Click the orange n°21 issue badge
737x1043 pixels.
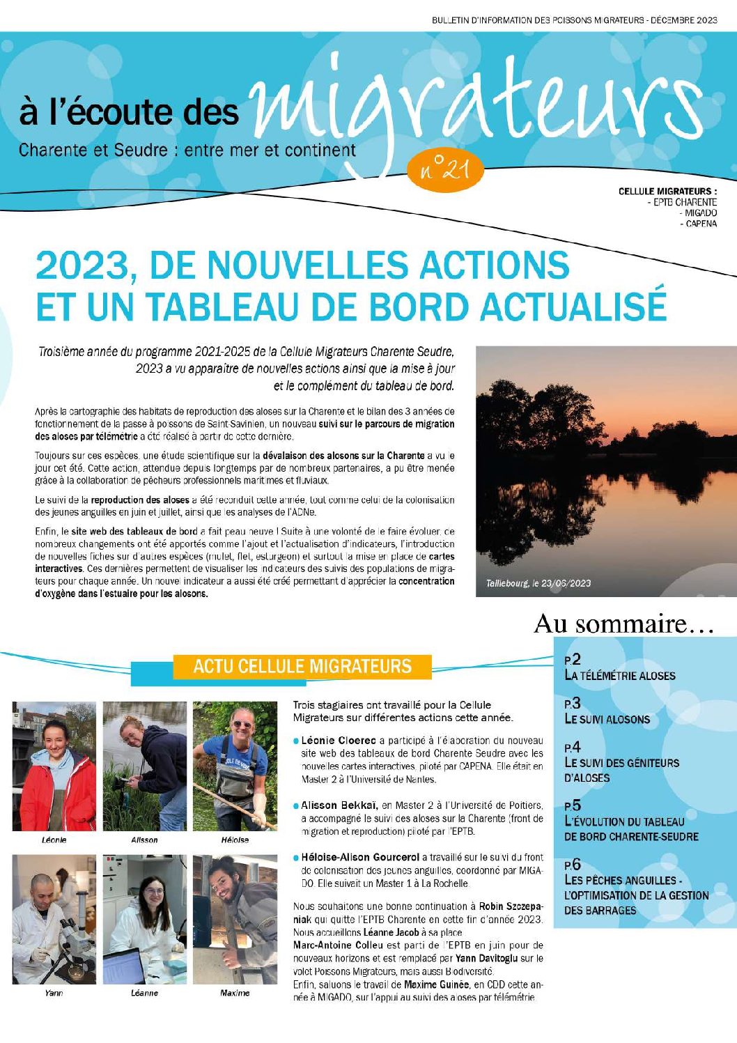coord(444,169)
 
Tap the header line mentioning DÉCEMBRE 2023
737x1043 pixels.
coord(574,20)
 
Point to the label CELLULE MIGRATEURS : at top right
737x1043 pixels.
coord(667,191)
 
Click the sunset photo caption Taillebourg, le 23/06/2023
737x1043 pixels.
coord(538,583)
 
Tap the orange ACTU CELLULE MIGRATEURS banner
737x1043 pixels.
coord(302,666)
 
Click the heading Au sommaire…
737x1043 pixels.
coord(623,623)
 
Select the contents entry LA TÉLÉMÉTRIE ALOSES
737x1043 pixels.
coord(619,675)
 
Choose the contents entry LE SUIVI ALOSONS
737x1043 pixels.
coord(607,719)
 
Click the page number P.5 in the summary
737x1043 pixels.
coord(573,805)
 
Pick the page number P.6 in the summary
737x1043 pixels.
coord(573,865)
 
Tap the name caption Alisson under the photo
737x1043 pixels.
coord(144,840)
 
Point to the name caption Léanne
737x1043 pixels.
coord(144,993)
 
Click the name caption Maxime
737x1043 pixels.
coord(235,993)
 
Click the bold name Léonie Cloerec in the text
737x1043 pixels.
coord(339,740)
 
